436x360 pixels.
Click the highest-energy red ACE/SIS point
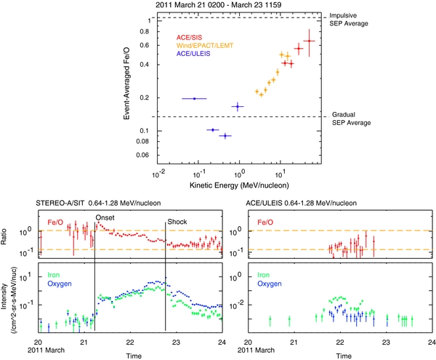(310, 41)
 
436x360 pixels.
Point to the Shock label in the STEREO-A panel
(177, 222)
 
